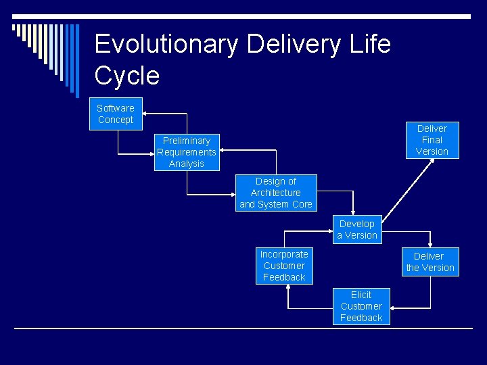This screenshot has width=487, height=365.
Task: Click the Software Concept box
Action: [x=116, y=114]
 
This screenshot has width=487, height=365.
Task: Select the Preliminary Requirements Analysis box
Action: [x=187, y=152]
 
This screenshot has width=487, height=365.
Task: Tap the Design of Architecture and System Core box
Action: [x=276, y=193]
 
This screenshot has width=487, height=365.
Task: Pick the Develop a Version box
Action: [x=357, y=230]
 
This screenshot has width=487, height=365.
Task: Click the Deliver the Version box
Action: [x=430, y=262]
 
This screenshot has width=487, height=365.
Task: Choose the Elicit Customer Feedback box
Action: [x=361, y=306]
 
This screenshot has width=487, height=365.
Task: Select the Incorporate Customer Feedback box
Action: [x=284, y=266]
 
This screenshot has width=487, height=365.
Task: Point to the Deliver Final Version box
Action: [x=432, y=140]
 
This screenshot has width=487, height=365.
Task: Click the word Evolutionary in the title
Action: [x=166, y=45]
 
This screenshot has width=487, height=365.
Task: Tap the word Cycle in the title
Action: [x=127, y=76]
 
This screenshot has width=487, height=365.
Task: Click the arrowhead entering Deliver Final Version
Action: [x=414, y=162]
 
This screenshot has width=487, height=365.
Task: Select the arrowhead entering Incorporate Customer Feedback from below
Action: [x=289, y=287]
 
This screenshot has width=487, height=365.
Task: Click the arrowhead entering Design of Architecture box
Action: [x=231, y=195]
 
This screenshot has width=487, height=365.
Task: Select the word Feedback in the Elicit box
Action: [x=361, y=318]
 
